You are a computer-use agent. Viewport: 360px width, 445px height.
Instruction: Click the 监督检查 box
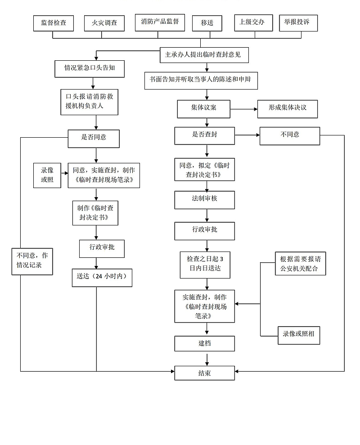(53, 23)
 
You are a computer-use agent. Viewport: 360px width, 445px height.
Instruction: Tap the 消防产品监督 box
(160, 22)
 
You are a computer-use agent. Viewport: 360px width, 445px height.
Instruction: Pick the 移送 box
(207, 23)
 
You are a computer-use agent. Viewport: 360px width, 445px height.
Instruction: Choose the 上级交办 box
(253, 22)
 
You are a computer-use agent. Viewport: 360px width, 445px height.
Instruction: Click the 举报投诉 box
(298, 22)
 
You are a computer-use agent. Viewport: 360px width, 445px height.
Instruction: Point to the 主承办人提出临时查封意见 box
(203, 55)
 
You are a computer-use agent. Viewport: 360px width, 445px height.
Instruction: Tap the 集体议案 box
(204, 108)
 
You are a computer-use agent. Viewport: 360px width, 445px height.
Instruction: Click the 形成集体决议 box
(288, 108)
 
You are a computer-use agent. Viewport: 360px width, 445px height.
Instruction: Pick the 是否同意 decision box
(94, 138)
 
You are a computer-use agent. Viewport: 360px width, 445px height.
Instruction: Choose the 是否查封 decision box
(205, 135)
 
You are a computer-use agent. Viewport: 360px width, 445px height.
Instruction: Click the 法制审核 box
(205, 199)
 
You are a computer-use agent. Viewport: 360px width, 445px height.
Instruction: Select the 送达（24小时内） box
(102, 277)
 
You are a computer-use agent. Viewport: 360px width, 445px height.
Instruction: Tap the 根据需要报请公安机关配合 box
(300, 263)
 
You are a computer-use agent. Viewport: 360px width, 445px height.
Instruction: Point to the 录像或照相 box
(298, 334)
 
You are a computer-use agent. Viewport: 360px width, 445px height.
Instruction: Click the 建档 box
(205, 343)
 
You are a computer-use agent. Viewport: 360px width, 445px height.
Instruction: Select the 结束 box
(205, 373)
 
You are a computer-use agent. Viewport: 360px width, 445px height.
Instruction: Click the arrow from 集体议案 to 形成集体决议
(243, 109)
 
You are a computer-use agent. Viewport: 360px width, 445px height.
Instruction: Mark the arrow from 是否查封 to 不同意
(247, 135)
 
